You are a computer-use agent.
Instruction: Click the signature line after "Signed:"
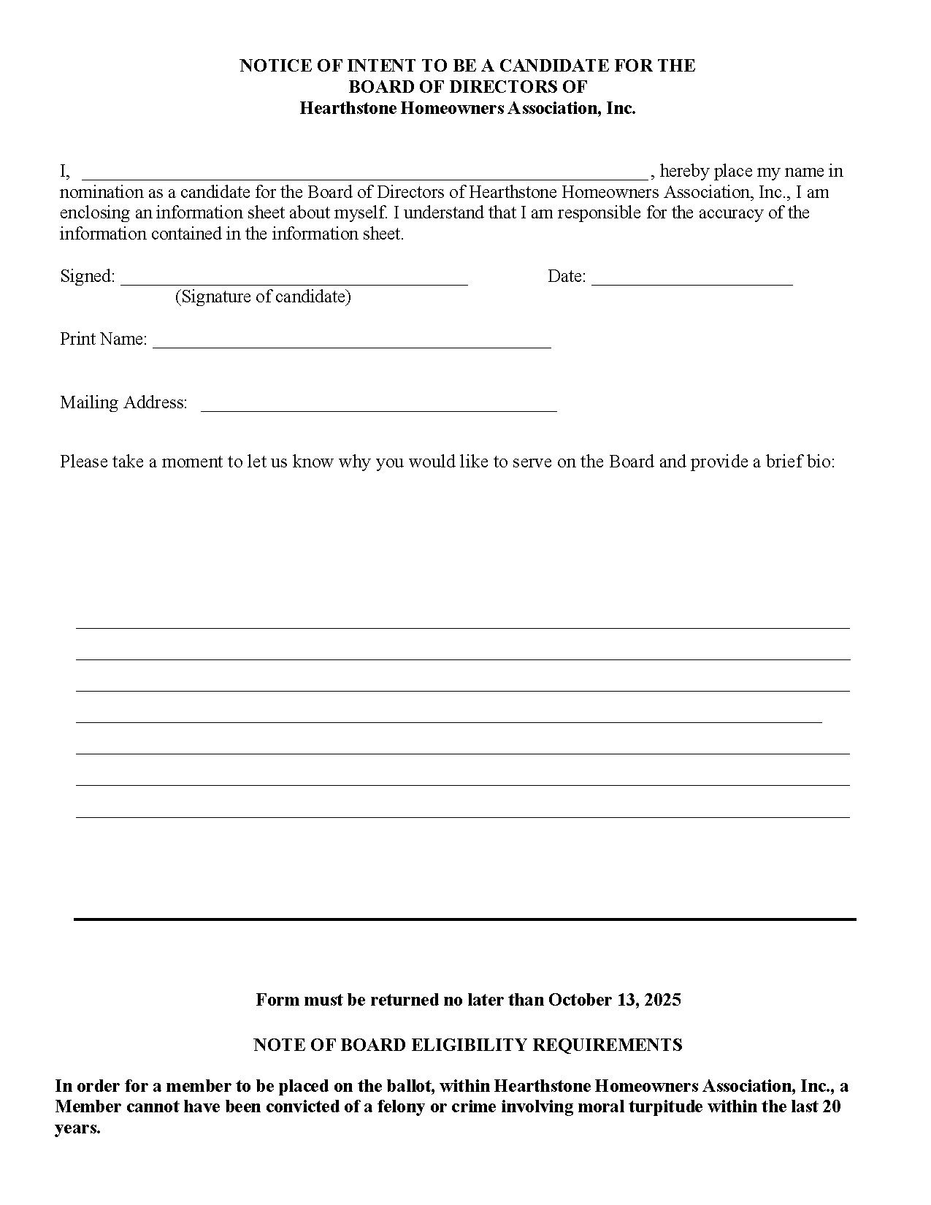click(294, 281)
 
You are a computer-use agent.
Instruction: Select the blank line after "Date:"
click(691, 281)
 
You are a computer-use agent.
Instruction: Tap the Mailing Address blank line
click(378, 408)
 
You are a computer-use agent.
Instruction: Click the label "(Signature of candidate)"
click(263, 297)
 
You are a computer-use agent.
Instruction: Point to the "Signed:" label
click(88, 276)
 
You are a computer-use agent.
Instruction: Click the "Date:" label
click(567, 276)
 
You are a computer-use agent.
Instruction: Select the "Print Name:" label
click(104, 339)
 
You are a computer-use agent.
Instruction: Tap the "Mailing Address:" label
click(123, 402)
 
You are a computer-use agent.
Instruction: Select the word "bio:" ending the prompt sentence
click(820, 462)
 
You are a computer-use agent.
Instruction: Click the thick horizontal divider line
click(464, 919)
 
